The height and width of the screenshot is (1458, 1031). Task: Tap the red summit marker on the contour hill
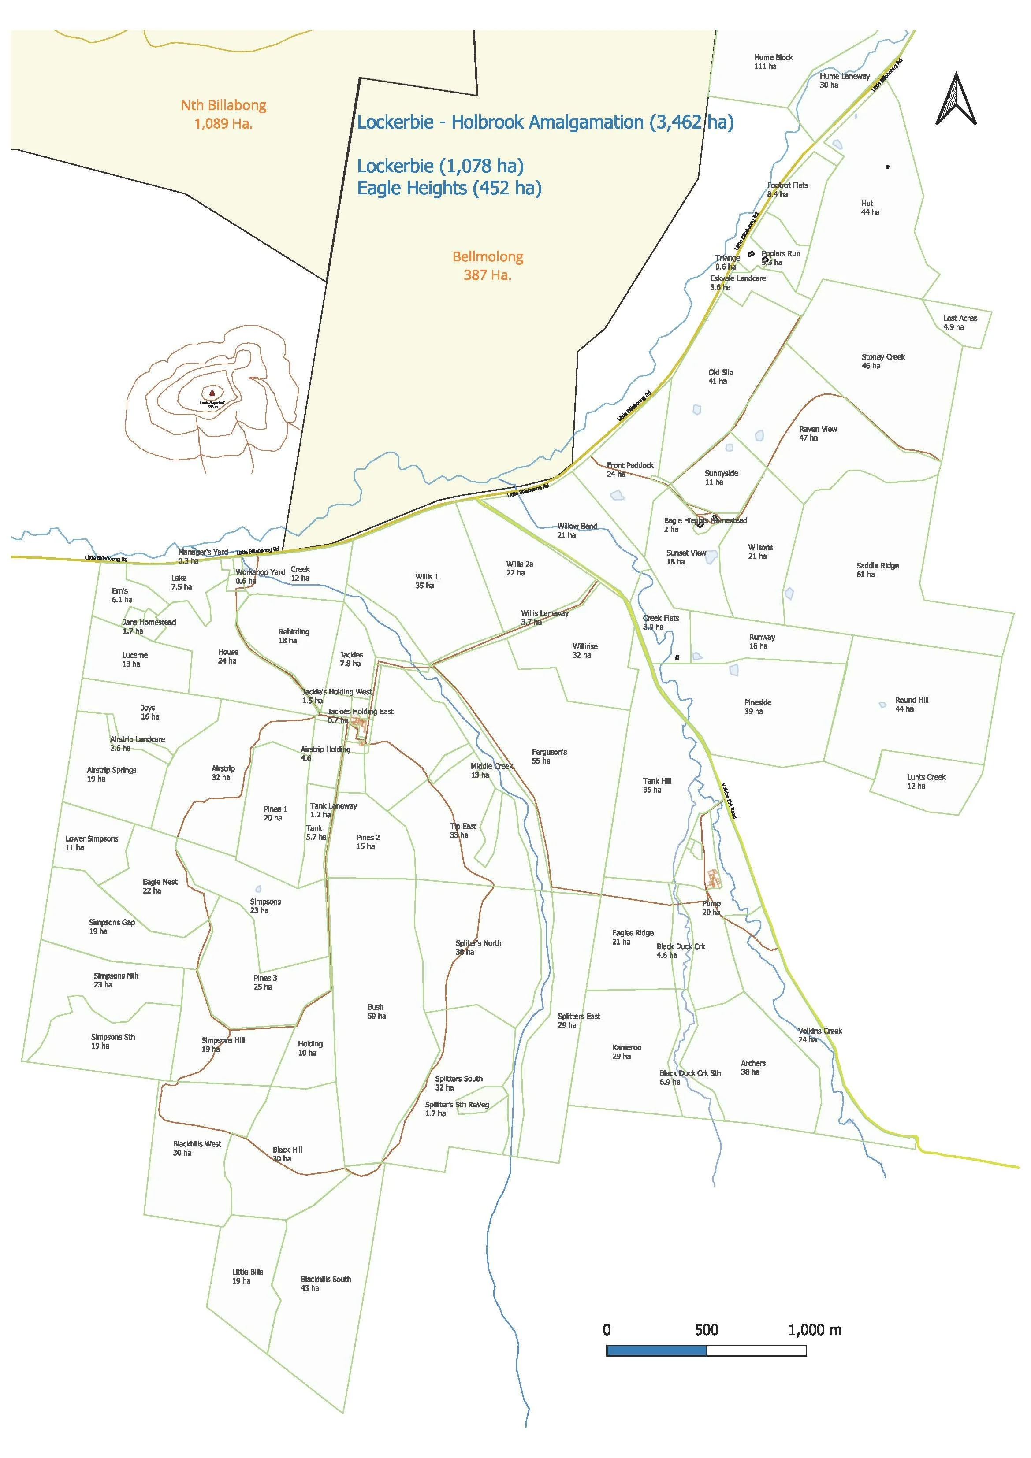point(212,393)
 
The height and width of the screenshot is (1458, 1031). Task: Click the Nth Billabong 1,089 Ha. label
point(223,114)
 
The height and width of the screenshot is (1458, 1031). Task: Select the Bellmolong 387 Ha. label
point(488,265)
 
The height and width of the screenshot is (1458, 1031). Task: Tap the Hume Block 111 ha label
point(773,62)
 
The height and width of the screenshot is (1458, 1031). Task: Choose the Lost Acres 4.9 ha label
point(960,323)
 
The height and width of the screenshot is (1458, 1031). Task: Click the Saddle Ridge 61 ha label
point(877,570)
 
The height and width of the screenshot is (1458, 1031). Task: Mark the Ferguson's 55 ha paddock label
point(549,756)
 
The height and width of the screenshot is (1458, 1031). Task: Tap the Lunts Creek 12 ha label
point(926,781)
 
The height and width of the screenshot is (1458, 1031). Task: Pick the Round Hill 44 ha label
point(911,704)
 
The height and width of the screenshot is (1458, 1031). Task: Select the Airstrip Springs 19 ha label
point(111,774)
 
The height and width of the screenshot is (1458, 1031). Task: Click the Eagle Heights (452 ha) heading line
point(449,188)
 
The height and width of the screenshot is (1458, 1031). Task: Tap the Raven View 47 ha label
point(818,433)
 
